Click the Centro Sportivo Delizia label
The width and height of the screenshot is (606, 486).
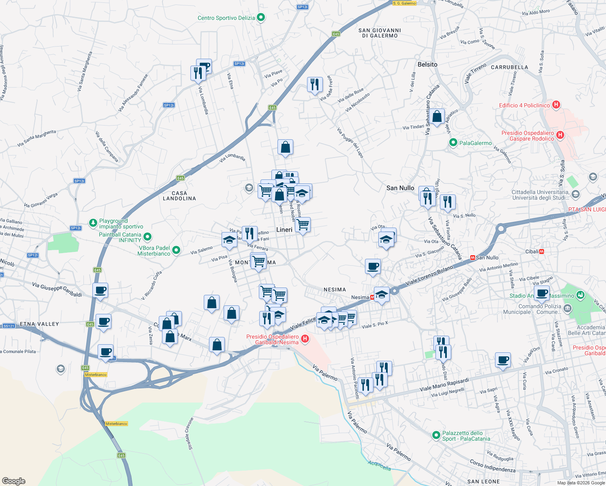pos(226,18)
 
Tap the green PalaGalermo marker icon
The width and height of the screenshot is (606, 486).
pos(453,143)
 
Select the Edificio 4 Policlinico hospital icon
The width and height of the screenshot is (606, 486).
pos(556,105)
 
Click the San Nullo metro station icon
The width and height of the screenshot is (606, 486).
pos(472,258)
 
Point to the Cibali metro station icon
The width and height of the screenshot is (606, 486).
pos(542,252)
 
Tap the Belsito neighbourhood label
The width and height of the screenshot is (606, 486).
pos(427,64)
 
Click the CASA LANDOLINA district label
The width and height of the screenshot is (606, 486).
pos(179,196)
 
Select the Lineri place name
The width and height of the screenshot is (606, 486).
pos(284,230)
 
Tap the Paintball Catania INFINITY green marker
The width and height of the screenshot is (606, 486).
pos(147,237)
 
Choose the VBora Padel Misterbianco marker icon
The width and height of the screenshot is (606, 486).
pos(176,250)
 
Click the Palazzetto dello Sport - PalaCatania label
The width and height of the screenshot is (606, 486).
pos(466,436)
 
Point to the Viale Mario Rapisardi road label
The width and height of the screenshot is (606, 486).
pos(444,384)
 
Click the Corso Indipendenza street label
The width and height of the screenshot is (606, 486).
pos(493,466)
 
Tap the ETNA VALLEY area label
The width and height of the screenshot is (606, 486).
pos(39,324)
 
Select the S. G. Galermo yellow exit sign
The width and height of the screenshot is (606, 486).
pos(404,3)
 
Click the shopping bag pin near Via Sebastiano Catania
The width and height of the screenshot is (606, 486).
pos(437,117)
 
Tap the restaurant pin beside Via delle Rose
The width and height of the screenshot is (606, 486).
pos(315,85)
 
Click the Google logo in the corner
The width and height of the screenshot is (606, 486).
pos(14,481)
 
